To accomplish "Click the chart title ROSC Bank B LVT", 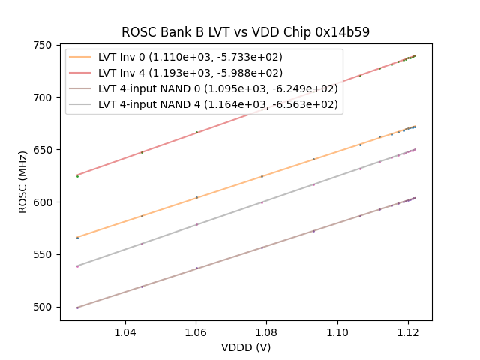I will coord(245,33).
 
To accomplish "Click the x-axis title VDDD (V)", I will coord(245,347).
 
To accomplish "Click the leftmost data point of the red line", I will coord(77,175).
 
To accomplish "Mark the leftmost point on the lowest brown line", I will coord(77,307).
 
